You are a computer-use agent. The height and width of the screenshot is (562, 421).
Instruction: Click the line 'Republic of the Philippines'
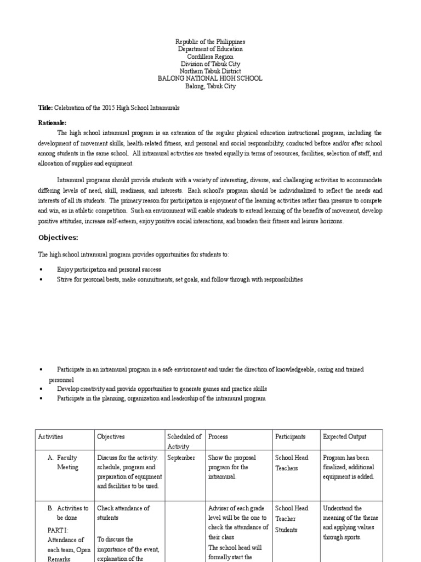[210, 42]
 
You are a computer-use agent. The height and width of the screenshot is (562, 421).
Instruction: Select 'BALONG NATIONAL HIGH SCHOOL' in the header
[210, 78]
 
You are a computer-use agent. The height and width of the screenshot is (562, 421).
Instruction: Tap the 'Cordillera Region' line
[210, 57]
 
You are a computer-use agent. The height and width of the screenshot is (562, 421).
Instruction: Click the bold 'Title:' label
[45, 108]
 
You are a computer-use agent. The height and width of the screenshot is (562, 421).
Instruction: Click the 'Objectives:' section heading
[58, 238]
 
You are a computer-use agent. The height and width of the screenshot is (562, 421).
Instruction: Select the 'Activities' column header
[50, 437]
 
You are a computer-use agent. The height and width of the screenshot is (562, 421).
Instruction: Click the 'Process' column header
[218, 437]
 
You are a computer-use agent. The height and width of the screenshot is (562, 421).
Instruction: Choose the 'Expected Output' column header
[345, 437]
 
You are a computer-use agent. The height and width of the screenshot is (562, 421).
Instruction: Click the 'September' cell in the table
[181, 458]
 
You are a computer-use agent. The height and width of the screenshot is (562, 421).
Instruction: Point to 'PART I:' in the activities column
[58, 530]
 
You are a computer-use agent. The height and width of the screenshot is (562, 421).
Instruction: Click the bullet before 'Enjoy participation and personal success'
[41, 270]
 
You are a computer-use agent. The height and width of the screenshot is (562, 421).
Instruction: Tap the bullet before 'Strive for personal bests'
[41, 280]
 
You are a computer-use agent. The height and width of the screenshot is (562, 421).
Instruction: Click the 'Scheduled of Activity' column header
[184, 442]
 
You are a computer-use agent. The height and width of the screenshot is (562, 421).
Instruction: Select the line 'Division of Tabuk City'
[210, 64]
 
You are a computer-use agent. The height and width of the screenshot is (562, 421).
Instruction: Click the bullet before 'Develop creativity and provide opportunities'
[41, 389]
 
